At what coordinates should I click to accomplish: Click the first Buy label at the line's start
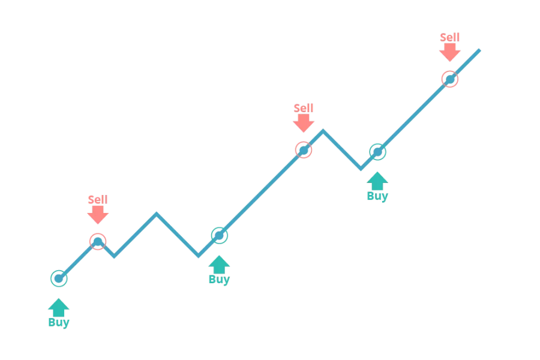click(59, 322)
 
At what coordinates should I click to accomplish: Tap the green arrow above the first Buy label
click(59, 307)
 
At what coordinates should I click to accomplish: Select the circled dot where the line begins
click(59, 278)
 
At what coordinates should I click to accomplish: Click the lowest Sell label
click(98, 199)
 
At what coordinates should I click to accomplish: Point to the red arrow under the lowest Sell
click(98, 215)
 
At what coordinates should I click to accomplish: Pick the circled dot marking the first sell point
click(98, 241)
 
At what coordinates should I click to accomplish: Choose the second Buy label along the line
click(220, 280)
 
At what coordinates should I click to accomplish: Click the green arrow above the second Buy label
click(219, 265)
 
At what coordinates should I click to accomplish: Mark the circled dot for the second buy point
click(220, 236)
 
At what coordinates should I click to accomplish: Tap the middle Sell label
click(304, 108)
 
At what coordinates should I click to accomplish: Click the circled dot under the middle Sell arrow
click(304, 150)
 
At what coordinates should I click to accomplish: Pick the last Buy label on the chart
click(377, 196)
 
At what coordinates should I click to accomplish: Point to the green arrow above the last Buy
click(377, 181)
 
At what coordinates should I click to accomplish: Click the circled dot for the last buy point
click(378, 152)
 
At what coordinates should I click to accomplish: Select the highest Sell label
click(450, 37)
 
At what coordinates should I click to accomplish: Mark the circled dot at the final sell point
click(450, 80)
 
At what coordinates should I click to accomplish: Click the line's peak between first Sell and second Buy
click(157, 214)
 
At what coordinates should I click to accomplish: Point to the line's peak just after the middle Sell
click(323, 131)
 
